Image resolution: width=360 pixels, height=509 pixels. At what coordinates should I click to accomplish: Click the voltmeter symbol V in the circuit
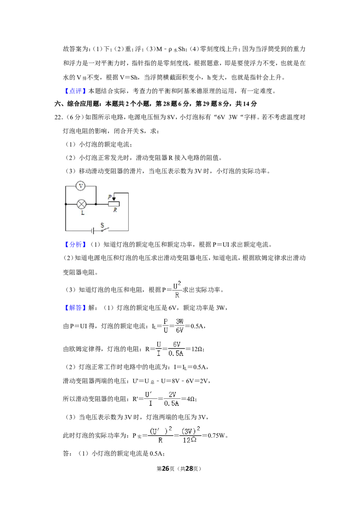pos(81,186)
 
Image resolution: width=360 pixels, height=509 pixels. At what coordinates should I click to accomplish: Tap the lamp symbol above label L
pos(81,204)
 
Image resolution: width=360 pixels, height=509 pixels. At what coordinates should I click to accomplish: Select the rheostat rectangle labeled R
pos(114,204)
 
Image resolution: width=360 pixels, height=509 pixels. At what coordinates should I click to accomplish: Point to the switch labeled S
pos(104,229)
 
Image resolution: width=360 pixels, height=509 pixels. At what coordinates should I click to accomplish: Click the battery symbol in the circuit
pos(93,231)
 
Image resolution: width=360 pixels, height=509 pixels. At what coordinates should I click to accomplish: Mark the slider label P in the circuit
pos(110,197)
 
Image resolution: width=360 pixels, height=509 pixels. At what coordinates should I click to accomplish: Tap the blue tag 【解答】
pos(75,308)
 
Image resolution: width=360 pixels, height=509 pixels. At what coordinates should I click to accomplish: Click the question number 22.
pos(58,117)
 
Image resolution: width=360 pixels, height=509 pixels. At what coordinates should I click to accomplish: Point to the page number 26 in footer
pos(166,469)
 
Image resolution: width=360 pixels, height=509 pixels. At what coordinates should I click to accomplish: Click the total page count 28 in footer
pos(189,469)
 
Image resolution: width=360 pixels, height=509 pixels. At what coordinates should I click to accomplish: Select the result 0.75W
pos(216,436)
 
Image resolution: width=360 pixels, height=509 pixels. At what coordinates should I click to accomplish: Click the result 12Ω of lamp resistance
pos(197,349)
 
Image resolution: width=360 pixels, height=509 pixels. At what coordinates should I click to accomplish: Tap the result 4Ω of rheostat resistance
pos(191,399)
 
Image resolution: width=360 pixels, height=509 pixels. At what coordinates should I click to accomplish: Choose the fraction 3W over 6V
pos(180,326)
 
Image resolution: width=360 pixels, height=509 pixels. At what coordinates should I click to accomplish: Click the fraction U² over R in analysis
pos(177,290)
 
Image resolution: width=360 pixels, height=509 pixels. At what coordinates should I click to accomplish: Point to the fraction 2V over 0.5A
pos(172,399)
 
